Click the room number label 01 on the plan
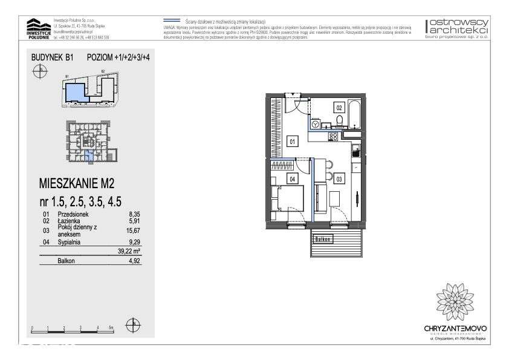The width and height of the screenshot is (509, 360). (x=292, y=142)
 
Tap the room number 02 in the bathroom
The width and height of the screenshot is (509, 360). (x=340, y=107)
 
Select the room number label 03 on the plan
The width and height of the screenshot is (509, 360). (x=339, y=178)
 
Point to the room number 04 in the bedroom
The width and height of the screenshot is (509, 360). (x=292, y=178)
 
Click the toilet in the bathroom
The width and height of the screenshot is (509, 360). (x=340, y=120)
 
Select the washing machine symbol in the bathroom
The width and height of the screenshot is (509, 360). (x=315, y=124)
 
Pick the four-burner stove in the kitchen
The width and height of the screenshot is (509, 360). (x=332, y=137)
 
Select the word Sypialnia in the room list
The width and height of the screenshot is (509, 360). (x=69, y=242)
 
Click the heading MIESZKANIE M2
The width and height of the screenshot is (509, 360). (x=77, y=182)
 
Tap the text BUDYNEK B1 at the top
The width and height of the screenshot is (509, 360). (x=52, y=57)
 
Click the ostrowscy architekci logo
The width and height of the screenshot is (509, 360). (x=458, y=28)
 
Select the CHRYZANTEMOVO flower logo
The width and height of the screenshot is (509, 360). (x=455, y=299)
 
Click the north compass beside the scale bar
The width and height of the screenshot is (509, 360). (x=133, y=324)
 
